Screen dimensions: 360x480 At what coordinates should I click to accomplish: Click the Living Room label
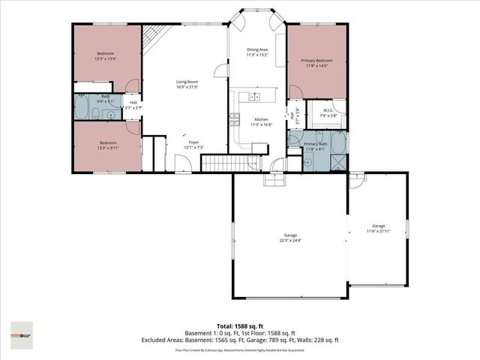[187, 82]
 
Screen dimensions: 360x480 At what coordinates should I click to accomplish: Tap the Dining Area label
[257, 49]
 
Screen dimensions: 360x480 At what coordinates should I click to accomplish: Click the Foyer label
[193, 142]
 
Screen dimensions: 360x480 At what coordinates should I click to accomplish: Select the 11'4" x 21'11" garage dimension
[379, 231]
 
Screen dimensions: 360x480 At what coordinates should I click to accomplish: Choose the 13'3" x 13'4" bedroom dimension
[106, 58]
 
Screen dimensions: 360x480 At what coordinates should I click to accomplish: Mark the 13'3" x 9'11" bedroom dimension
[106, 148]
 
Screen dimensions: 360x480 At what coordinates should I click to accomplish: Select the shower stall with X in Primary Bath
[339, 160]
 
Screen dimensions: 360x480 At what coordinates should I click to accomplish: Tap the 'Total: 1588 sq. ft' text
[240, 327]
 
